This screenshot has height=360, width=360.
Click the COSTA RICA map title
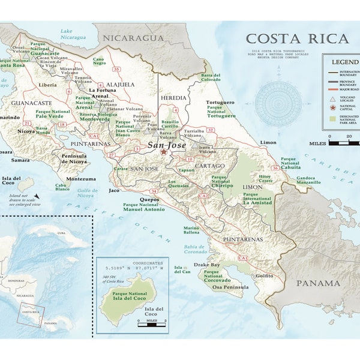pyautogui.click(x=296, y=39)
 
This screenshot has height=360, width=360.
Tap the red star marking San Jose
pyautogui.click(x=164, y=152)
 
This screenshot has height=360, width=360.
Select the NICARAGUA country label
pyautogui.click(x=133, y=38)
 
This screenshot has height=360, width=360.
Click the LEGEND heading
pyautogui.click(x=343, y=62)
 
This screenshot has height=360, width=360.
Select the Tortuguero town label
pyautogui.click(x=220, y=103)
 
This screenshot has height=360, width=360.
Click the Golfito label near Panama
pyautogui.click(x=264, y=275)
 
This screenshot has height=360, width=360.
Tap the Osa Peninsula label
pyautogui.click(x=225, y=287)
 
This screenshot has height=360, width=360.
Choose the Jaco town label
pyautogui.click(x=113, y=190)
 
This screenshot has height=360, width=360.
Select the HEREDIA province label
pyautogui.click(x=172, y=97)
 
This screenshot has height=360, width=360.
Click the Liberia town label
pyautogui.click(x=47, y=85)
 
